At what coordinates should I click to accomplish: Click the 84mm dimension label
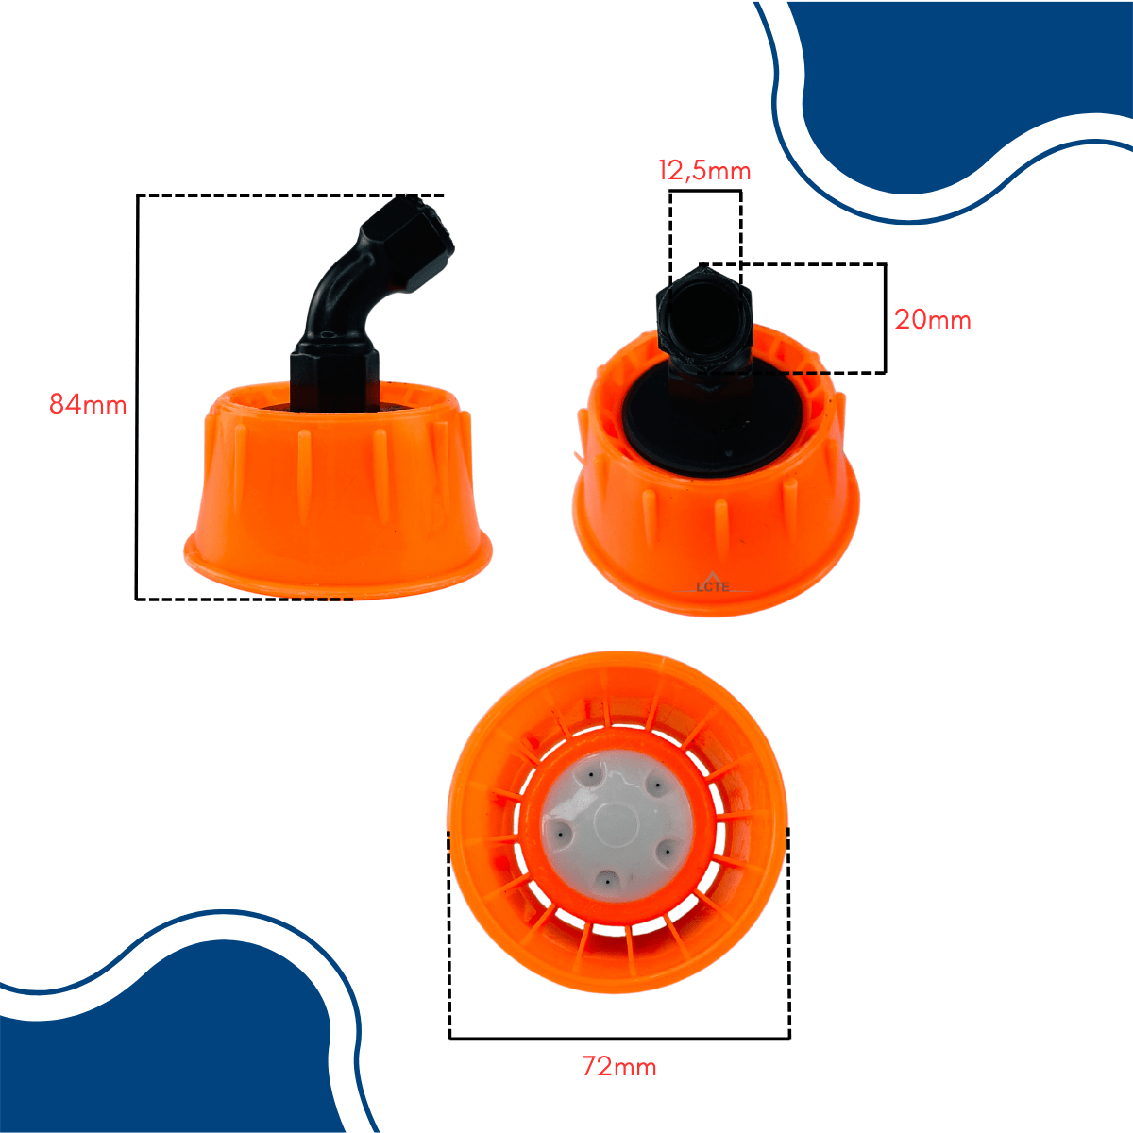88,404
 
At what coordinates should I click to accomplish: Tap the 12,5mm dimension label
704,171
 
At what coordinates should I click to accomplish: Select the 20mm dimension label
933,320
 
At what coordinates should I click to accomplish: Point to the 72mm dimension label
619,1066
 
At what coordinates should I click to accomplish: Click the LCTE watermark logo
712,583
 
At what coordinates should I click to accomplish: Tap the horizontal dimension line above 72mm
619,1039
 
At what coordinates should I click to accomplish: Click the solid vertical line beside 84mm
137,397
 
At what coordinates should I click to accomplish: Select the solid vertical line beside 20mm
885,318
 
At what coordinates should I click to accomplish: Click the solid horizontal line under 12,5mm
705,191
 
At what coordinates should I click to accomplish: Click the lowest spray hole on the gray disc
606,881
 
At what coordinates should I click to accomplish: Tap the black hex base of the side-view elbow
334,377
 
